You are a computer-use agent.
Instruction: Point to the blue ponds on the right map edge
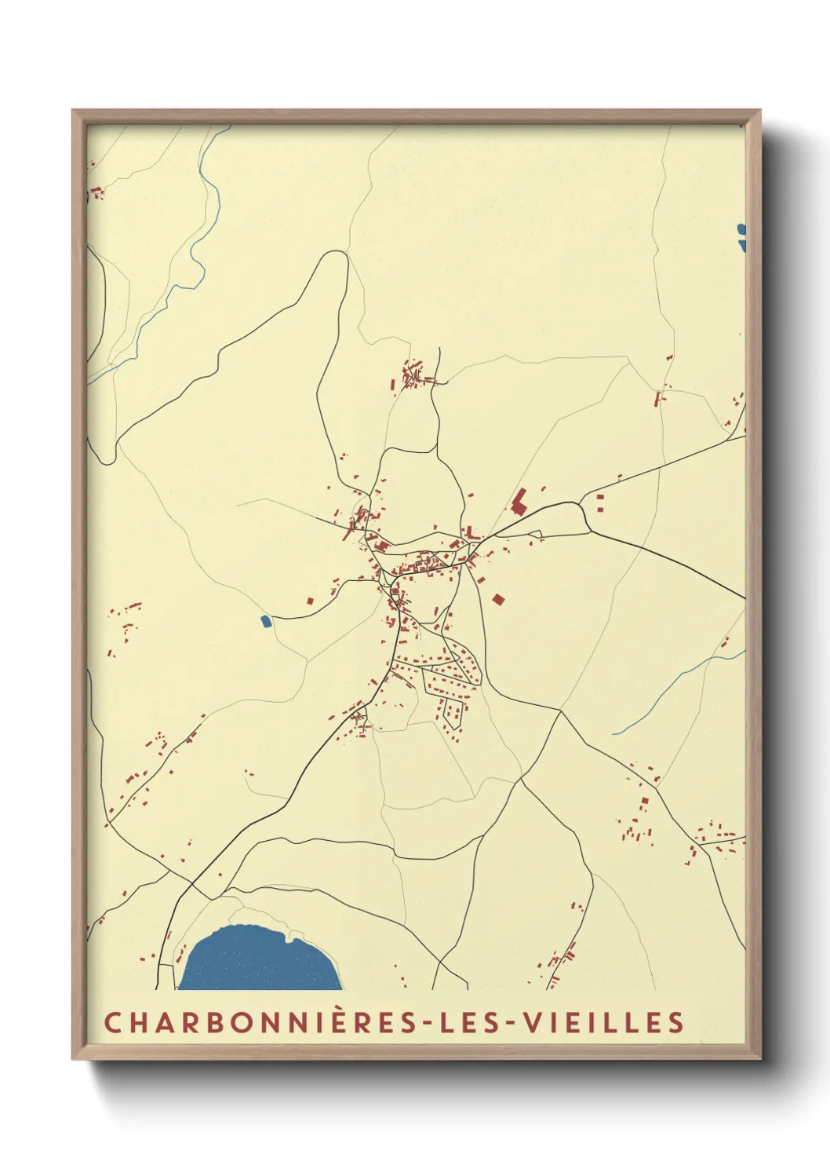[741, 238]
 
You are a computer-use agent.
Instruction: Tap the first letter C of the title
[112, 1023]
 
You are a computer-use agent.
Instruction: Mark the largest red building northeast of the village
[519, 500]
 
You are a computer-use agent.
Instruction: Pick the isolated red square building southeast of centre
[497, 599]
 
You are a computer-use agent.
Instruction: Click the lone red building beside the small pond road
[310, 601]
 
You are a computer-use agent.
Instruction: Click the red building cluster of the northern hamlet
[412, 375]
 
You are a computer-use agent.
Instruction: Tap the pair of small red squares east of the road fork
[601, 502]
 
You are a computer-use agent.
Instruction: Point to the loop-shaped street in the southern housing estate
[452, 711]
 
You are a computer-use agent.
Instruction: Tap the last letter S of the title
[677, 1023]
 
